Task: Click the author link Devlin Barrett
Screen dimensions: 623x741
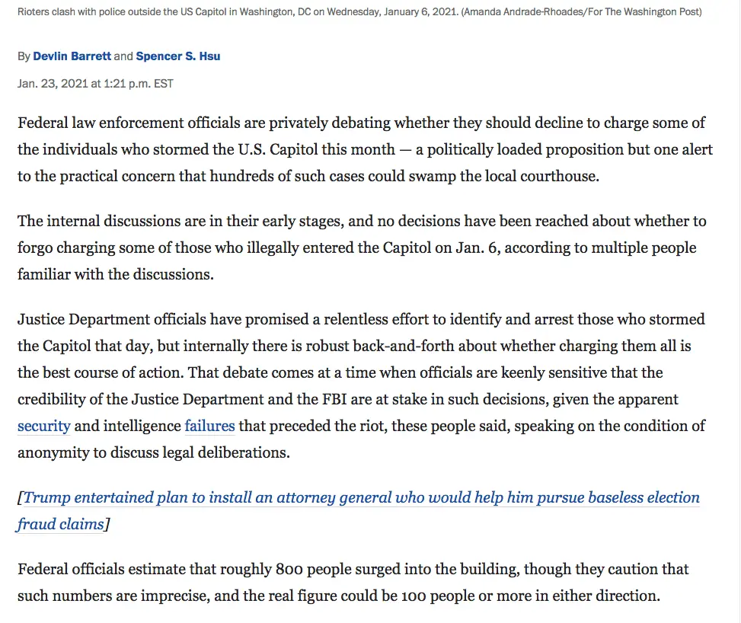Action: click(x=72, y=56)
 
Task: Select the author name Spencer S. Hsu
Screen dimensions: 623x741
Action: click(x=178, y=56)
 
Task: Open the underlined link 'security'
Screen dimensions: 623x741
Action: click(x=43, y=426)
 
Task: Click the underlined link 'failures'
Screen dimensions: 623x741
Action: click(x=209, y=426)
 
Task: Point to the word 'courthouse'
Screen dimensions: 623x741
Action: click(x=560, y=175)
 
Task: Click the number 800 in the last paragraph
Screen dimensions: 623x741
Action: click(x=289, y=569)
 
